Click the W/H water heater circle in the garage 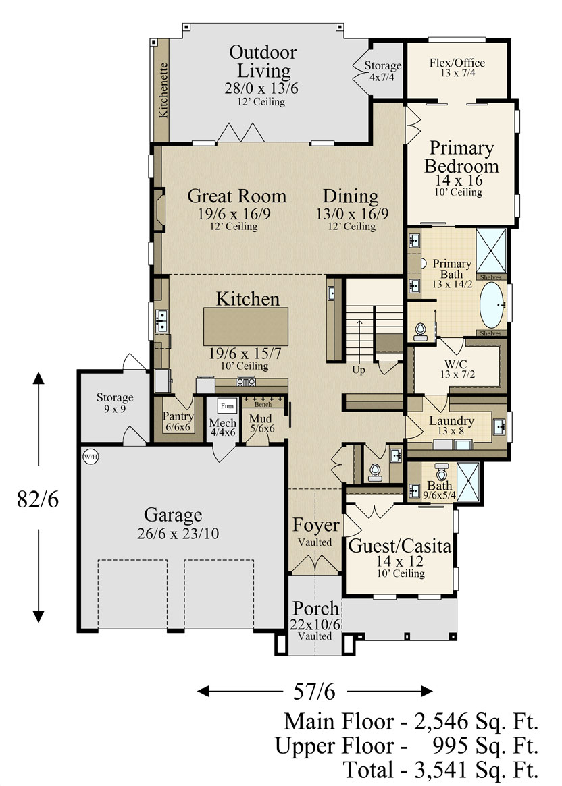[91, 457]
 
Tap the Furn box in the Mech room [227, 406]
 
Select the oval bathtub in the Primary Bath [491, 305]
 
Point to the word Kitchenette [163, 90]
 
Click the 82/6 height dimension [38, 499]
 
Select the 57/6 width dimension [314, 692]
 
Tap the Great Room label [237, 196]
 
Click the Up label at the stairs [358, 370]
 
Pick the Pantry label [178, 416]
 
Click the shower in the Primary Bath [491, 250]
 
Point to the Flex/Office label [457, 63]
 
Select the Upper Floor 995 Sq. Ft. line [407, 746]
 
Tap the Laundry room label [452, 420]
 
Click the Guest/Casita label [400, 545]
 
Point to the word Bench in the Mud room [263, 404]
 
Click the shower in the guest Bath [468, 482]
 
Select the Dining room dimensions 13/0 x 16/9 [352, 214]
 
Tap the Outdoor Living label [263, 61]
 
